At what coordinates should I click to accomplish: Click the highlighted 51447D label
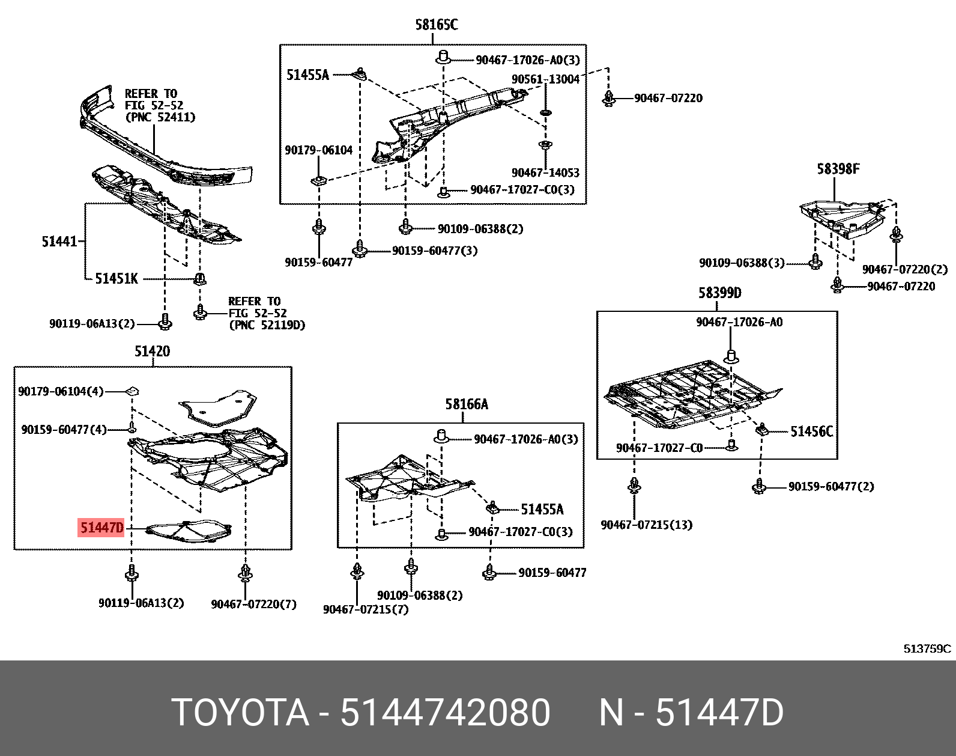101,528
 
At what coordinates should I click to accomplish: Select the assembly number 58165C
436,25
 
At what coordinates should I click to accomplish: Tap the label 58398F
837,169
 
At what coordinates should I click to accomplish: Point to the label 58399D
719,293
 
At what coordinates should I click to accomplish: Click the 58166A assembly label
467,404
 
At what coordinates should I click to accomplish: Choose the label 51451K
116,279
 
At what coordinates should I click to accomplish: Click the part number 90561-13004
545,79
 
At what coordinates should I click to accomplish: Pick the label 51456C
811,431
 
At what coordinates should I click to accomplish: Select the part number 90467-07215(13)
646,525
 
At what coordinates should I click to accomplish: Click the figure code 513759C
927,648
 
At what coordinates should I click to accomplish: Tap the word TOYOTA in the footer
240,713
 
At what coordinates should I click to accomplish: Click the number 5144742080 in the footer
444,713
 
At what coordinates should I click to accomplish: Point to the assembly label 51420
152,351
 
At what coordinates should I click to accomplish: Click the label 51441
59,242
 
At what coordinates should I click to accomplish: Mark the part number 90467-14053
545,172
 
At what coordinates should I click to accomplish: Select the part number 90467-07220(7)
253,604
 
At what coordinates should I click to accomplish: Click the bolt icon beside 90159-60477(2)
759,486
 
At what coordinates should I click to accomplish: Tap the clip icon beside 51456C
763,429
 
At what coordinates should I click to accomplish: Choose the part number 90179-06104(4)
61,391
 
